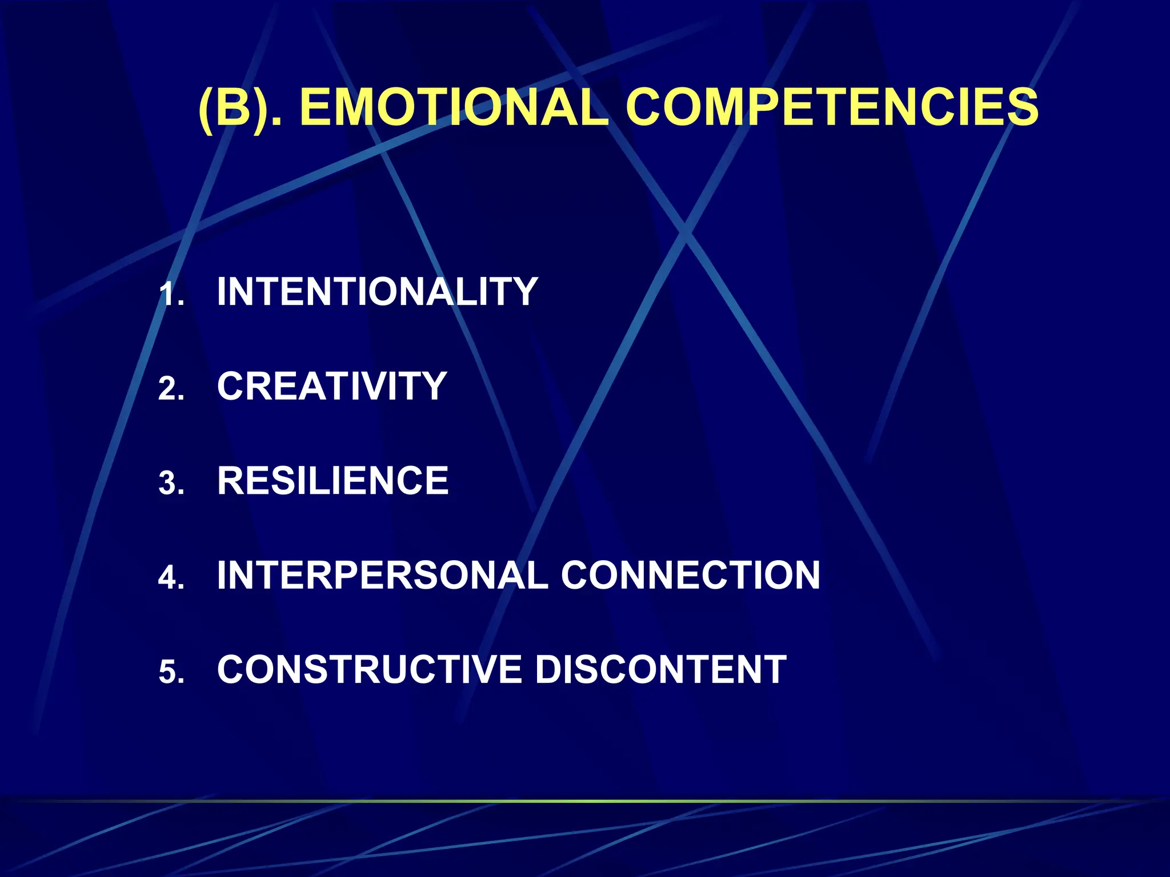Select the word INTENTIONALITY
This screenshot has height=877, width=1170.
pos(377,292)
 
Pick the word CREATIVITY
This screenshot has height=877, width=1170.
pos(332,386)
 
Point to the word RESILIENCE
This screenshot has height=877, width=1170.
pos(332,481)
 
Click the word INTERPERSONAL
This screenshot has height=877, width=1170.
pos(382,575)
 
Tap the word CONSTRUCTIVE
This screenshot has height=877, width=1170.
pos(369,669)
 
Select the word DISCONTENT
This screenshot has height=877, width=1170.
pos(660,669)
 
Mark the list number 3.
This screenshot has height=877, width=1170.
pos(170,484)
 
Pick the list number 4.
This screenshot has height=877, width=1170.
pos(170,578)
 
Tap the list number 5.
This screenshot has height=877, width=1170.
pos(170,673)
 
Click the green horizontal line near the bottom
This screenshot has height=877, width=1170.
pos(585,801)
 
